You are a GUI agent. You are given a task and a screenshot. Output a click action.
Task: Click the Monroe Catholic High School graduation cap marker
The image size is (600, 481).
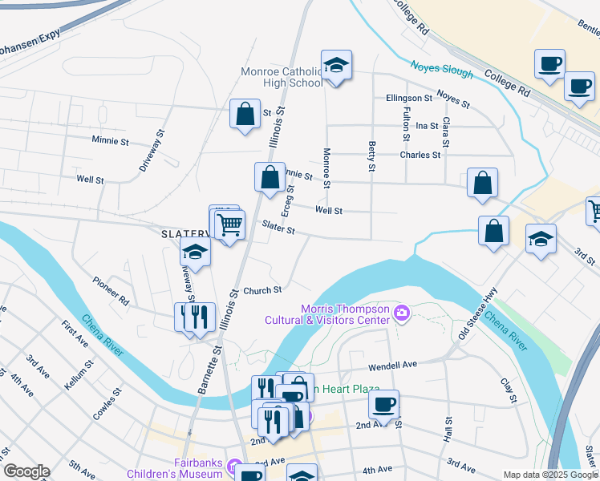click(337, 66)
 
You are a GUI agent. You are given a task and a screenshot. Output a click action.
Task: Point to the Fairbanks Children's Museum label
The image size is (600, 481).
click(198, 467)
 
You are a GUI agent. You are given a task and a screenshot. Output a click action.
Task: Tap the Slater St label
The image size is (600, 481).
click(279, 230)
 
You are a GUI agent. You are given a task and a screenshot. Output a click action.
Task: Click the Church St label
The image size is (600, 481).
click(262, 290)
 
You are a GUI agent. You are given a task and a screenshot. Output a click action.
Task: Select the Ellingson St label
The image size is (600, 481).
click(409, 98)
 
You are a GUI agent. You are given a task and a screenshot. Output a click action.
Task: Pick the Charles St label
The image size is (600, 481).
click(420, 155)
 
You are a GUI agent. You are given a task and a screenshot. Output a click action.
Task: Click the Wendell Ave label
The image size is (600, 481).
click(393, 365)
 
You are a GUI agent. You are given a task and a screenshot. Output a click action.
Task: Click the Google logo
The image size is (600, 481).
click(26, 471)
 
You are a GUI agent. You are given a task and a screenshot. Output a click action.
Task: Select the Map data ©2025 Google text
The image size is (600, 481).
click(550, 475)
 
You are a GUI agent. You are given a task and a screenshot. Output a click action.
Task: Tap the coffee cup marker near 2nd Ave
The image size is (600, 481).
click(383, 403)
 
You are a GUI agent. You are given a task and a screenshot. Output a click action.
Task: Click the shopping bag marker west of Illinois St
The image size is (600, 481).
click(245, 114)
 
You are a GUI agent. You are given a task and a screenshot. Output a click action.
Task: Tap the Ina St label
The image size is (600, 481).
click(428, 126)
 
